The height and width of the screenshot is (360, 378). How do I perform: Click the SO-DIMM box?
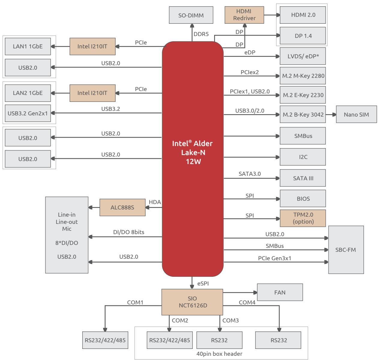click(191, 15)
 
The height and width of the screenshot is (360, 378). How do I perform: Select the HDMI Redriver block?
click(244, 15)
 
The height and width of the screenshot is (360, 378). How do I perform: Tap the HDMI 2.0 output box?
click(303, 15)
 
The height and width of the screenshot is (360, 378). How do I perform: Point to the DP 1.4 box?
click(303, 36)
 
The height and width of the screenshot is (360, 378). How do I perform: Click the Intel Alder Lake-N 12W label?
click(192, 152)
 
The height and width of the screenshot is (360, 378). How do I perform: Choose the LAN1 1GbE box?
click(28, 46)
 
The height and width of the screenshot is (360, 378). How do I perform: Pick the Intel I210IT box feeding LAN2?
click(92, 93)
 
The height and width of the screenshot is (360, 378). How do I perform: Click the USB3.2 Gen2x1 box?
click(28, 113)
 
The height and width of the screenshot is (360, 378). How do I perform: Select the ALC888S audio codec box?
click(122, 207)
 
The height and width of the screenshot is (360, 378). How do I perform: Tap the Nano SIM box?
click(356, 114)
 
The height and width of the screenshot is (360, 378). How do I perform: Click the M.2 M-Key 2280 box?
click(303, 76)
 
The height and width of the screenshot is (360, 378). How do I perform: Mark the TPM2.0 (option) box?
click(303, 218)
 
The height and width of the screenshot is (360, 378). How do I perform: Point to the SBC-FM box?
click(346, 250)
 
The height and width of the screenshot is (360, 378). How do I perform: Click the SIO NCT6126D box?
click(192, 302)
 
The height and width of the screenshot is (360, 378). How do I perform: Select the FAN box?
click(280, 292)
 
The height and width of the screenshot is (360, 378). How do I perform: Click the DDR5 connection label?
click(201, 34)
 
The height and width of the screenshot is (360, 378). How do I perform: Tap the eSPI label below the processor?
click(203, 283)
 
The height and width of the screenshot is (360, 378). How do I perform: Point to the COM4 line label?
click(247, 302)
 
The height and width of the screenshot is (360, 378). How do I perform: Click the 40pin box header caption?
click(219, 354)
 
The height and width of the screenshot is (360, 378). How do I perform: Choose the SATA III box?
click(303, 178)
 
